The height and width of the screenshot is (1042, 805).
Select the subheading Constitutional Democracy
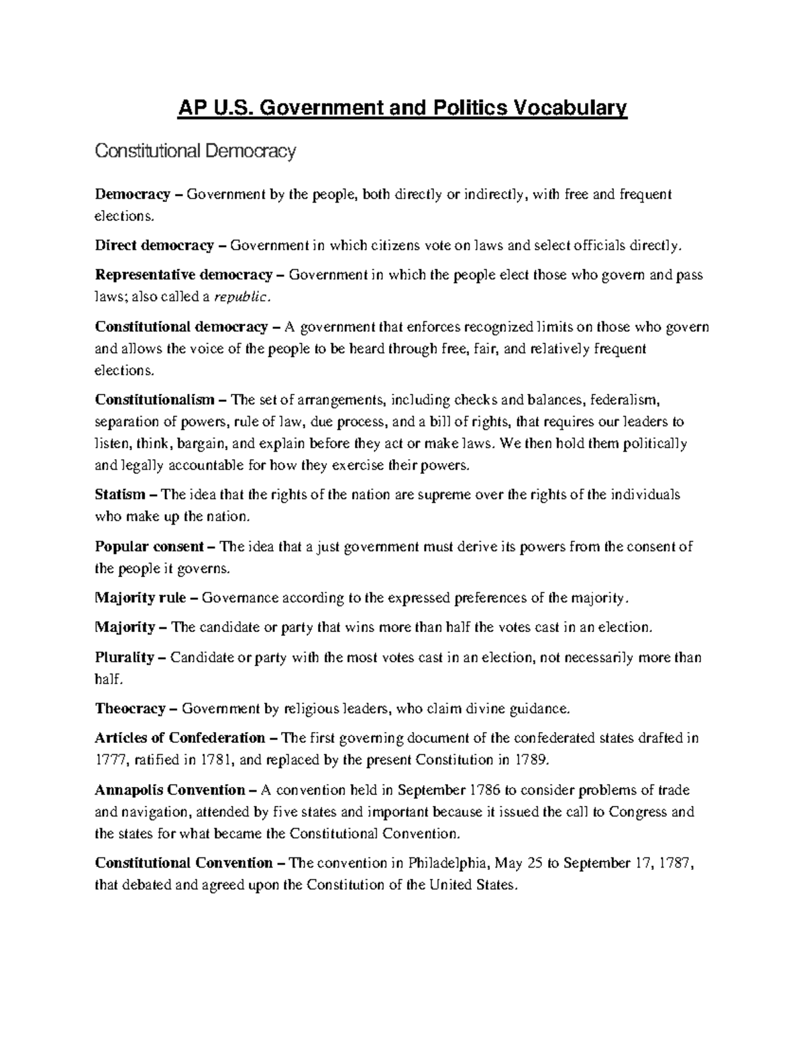[195, 152]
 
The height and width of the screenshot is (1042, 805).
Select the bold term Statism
[120, 494]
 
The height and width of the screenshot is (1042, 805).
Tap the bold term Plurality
[125, 657]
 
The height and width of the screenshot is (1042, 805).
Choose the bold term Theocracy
[130, 708]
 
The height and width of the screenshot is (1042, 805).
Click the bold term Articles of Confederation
[180, 738]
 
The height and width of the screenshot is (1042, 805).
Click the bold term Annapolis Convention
[170, 790]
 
